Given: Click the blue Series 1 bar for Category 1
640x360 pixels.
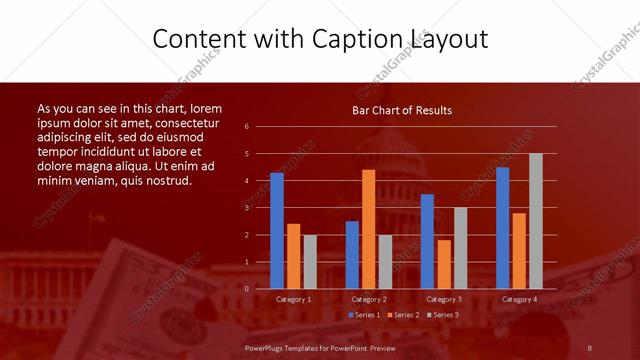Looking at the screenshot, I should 277,231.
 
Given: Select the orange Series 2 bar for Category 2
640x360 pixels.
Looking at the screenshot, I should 369,229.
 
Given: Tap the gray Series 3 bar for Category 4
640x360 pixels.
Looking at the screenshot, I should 536,221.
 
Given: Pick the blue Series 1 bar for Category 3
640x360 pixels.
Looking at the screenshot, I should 427,241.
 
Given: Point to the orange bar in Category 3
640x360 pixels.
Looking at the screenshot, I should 444,264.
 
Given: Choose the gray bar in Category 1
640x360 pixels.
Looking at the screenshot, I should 310,261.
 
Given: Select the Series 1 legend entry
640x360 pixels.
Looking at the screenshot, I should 364,315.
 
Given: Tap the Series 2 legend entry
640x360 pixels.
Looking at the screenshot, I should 403,315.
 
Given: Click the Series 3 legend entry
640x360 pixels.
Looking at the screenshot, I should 443,315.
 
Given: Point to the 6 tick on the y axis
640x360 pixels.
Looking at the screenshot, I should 246,127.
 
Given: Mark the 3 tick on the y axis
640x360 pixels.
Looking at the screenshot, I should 246,208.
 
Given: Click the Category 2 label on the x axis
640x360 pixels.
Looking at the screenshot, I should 369,299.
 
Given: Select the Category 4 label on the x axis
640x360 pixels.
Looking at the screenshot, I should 519,299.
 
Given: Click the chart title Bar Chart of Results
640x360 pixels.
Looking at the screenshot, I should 402,110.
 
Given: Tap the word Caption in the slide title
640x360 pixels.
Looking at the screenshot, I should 357,39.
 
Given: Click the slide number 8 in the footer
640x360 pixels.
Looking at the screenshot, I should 590,347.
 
